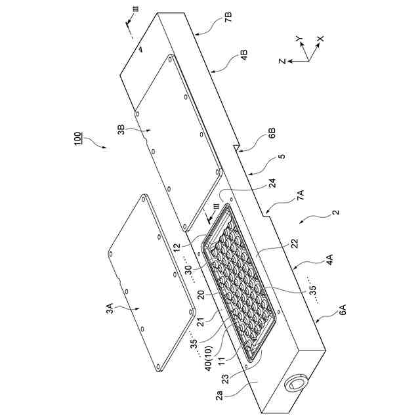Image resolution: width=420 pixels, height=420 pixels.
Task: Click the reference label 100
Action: [x=77, y=140]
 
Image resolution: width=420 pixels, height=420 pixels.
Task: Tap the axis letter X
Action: [x=321, y=39]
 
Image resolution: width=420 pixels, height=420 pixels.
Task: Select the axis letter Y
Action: [x=300, y=40]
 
